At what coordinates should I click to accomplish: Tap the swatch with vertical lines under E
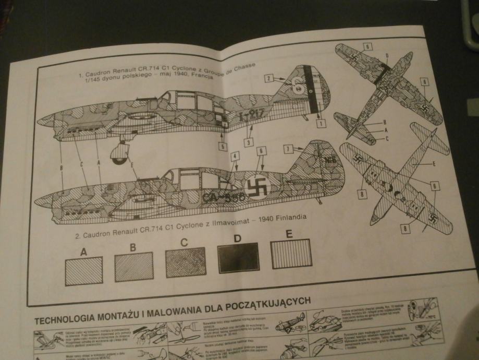click(x=291, y=253)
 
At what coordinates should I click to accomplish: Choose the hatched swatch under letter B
click(x=135, y=266)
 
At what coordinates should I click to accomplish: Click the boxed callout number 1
click(x=321, y=124)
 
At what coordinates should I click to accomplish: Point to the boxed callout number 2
click(x=269, y=79)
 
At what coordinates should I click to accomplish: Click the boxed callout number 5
click(x=223, y=147)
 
